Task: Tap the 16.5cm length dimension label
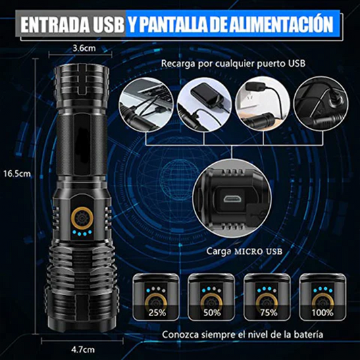tap(15, 173)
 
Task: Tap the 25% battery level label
tap(157, 313)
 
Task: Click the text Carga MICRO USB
tap(245, 252)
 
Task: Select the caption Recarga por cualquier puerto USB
tap(233, 64)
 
